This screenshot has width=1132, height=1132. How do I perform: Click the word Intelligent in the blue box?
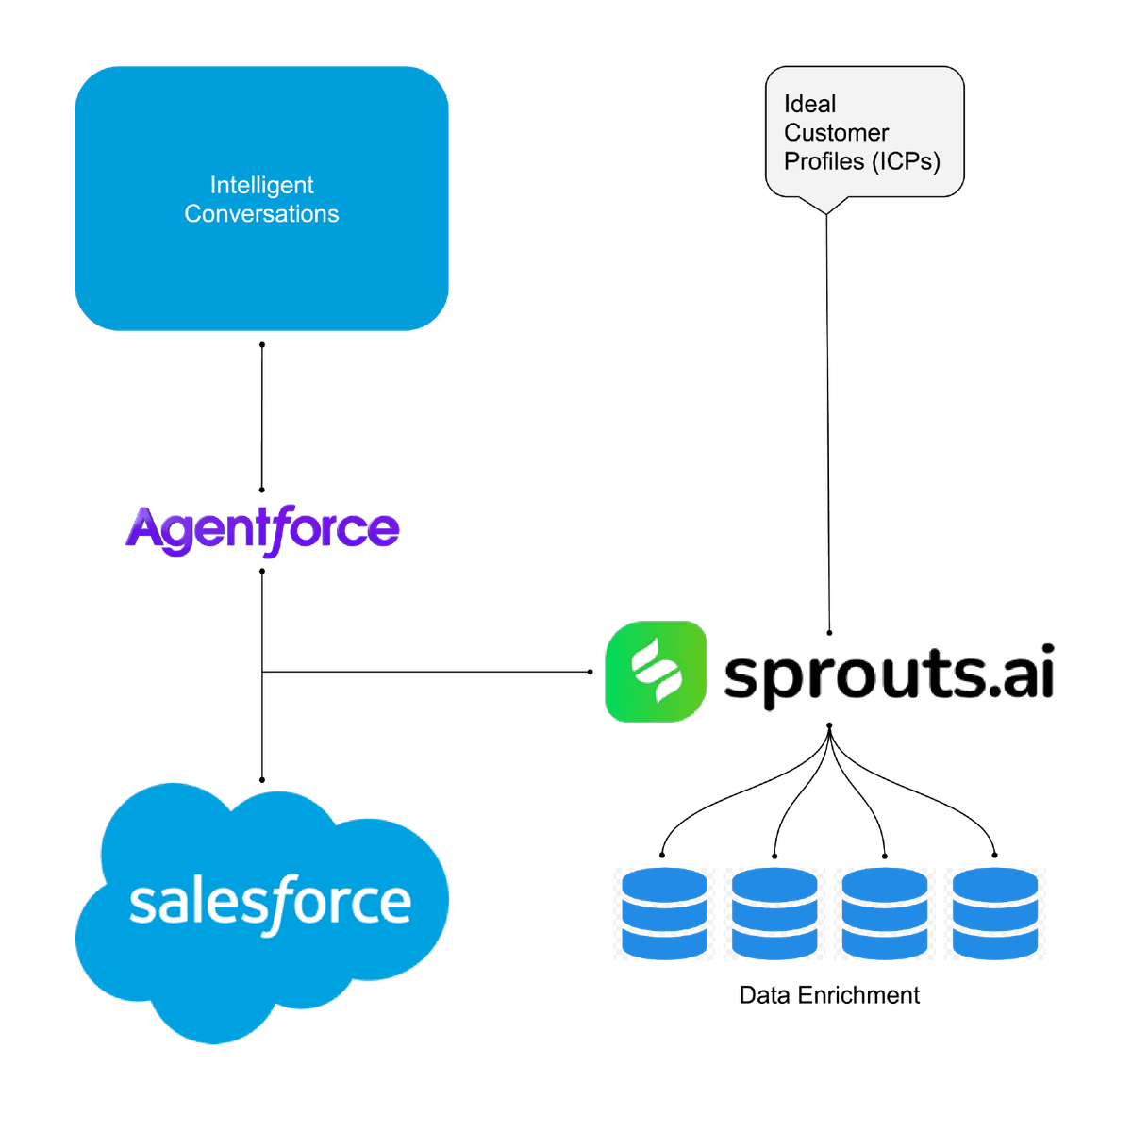pyautogui.click(x=261, y=185)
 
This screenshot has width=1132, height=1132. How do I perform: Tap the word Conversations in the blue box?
pyautogui.click(x=261, y=214)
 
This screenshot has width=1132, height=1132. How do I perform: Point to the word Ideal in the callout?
pyautogui.click(x=809, y=104)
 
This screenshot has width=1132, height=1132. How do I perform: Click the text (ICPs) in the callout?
pyautogui.click(x=906, y=161)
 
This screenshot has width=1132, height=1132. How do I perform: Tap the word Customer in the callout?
pyautogui.click(x=836, y=133)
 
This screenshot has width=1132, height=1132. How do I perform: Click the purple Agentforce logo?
pyautogui.click(x=261, y=528)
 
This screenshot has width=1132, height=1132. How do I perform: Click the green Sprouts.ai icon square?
pyautogui.click(x=655, y=672)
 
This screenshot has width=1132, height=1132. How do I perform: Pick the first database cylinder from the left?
pyautogui.click(x=663, y=913)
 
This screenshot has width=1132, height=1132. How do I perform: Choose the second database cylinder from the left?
pyautogui.click(x=774, y=913)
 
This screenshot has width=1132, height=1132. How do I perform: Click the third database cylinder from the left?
pyautogui.click(x=884, y=913)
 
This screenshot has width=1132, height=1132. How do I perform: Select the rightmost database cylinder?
pyautogui.click(x=995, y=913)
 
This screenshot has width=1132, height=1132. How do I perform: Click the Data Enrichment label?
pyautogui.click(x=829, y=995)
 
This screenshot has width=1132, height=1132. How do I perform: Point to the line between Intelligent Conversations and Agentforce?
pyautogui.click(x=262, y=415)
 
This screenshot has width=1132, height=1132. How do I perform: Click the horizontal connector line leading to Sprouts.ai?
pyautogui.click(x=424, y=672)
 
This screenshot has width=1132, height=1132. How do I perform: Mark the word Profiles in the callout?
pyautogui.click(x=824, y=161)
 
